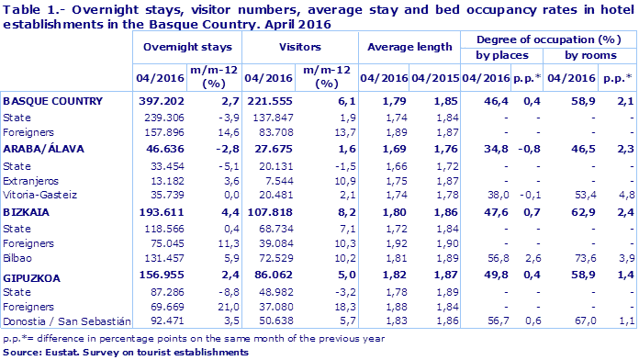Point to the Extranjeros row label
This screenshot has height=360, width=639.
pos(29,179)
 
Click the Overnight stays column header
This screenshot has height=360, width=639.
pos(186,46)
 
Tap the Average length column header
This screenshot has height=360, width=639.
pos(409,46)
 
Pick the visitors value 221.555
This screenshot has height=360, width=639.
pos(265,99)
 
